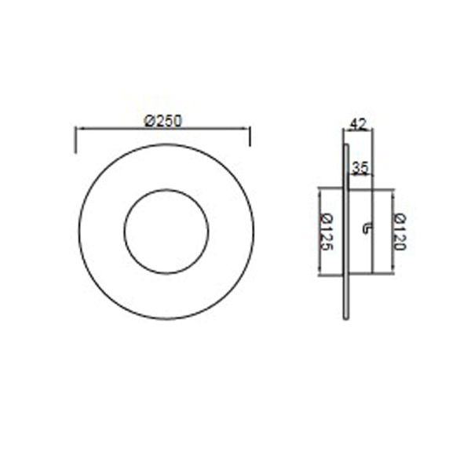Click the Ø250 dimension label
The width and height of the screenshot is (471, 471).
click(x=164, y=119)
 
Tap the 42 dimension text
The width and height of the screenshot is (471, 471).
click(x=359, y=123)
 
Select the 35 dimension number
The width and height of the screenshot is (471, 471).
click(x=360, y=166)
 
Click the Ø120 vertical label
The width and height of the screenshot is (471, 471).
click(x=400, y=232)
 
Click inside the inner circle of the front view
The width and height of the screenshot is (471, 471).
click(x=166, y=232)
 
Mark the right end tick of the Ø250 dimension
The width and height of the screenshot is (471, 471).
click(x=250, y=136)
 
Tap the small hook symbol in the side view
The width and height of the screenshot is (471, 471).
click(x=367, y=228)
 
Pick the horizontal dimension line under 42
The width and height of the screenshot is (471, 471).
click(x=357, y=131)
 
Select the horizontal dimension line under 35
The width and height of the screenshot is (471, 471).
click(x=360, y=174)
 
